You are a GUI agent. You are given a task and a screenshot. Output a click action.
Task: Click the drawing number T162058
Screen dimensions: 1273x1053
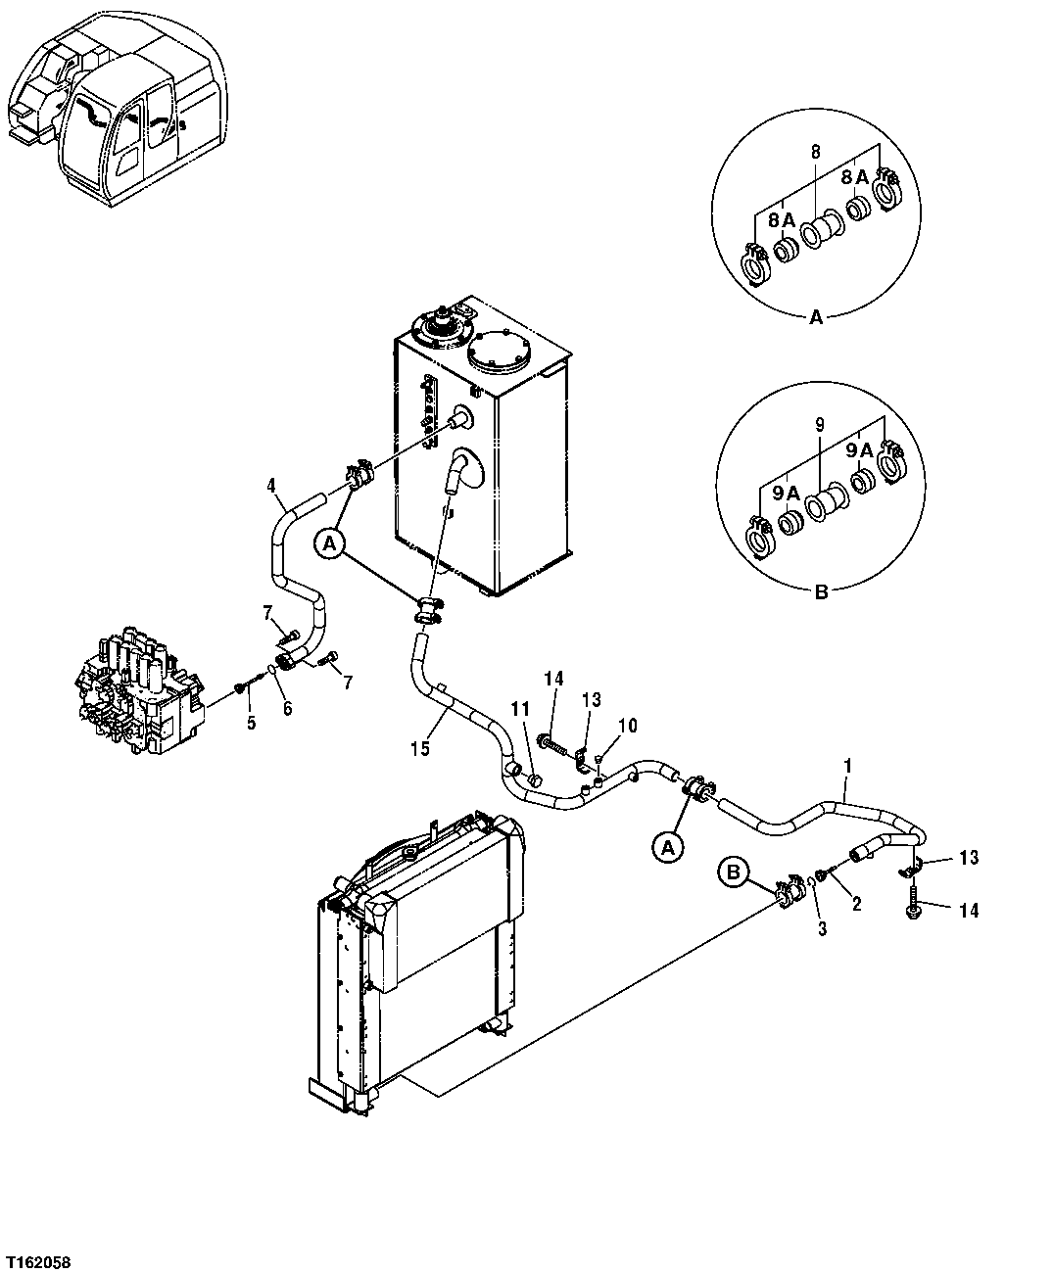point(38,1258)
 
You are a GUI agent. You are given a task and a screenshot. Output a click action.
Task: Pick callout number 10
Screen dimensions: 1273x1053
point(627,725)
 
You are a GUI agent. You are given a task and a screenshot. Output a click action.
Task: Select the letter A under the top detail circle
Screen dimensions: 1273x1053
point(816,316)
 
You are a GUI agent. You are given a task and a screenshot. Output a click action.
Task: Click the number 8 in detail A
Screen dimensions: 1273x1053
point(815,152)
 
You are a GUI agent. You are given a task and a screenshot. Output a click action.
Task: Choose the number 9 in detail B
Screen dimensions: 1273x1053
point(820,426)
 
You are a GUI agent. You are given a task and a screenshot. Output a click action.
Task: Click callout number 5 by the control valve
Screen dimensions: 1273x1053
point(251,722)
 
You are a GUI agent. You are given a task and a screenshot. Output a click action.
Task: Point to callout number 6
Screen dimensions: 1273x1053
point(287,709)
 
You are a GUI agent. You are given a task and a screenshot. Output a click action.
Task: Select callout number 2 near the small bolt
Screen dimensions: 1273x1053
point(856,904)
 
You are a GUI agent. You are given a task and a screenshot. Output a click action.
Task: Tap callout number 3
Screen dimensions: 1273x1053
point(822,928)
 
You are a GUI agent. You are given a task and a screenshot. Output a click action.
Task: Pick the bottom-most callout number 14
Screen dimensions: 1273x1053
point(969,911)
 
